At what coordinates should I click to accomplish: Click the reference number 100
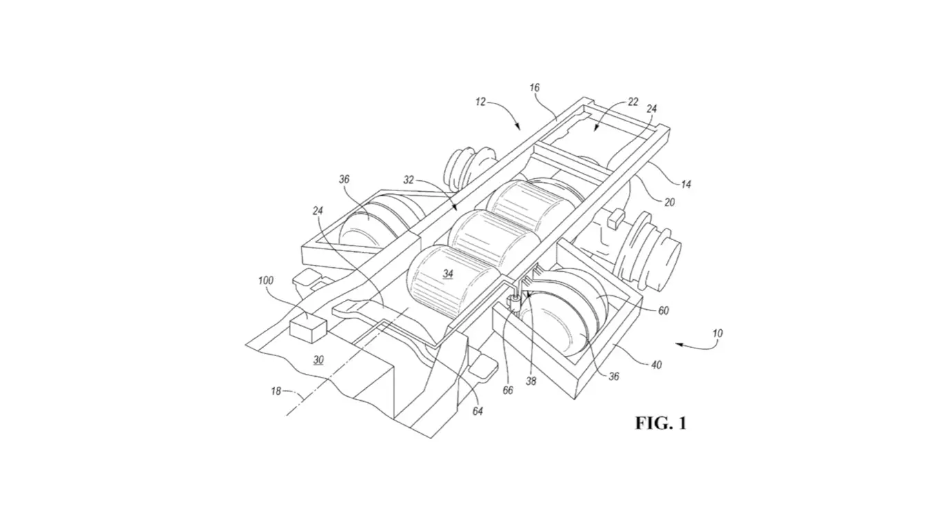click(265, 281)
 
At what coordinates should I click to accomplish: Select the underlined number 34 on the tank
click(448, 274)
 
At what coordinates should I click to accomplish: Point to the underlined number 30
click(318, 360)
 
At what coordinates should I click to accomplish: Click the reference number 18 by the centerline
click(276, 391)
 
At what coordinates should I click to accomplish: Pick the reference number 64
click(477, 411)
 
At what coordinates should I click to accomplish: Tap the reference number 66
click(508, 390)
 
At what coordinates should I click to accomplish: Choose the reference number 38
click(530, 380)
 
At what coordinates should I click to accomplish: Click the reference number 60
click(663, 311)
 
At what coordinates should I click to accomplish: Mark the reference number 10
click(717, 333)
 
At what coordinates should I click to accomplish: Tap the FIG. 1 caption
click(661, 423)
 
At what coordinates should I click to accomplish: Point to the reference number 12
click(480, 102)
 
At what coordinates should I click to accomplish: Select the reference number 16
click(534, 88)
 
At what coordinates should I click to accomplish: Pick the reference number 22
click(632, 102)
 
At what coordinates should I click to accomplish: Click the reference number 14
click(685, 184)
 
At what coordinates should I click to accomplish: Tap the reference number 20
click(669, 202)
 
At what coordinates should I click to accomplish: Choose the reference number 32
click(408, 179)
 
